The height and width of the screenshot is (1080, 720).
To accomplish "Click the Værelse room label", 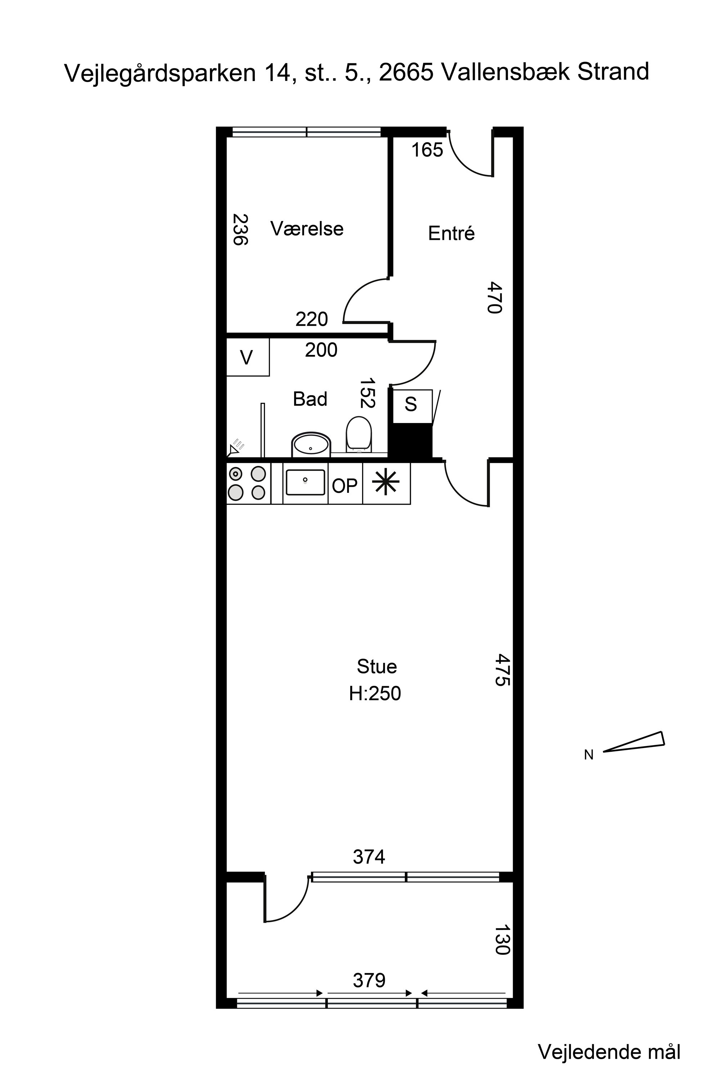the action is pos(307,229).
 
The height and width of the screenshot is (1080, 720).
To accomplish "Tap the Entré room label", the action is pos(451,233).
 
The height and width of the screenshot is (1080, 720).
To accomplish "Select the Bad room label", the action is pos(310,399).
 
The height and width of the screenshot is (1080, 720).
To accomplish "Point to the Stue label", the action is pos(377,666).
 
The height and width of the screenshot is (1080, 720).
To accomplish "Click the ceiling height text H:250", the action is pos(375,693).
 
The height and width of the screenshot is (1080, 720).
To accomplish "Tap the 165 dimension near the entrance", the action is pos(427,150).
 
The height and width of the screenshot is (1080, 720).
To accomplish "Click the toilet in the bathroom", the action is pos(359,433).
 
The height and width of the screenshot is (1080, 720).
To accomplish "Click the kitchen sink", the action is pos(305,482).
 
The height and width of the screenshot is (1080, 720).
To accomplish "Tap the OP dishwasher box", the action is pos(345,483).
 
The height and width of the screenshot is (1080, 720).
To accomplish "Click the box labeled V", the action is pos(248,357).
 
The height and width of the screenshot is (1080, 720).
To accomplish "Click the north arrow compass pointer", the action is pos(634,742).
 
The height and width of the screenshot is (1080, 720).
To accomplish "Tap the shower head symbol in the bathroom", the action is pos(236,448).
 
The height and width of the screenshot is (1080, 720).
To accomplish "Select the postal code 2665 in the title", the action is pos(406,72).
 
